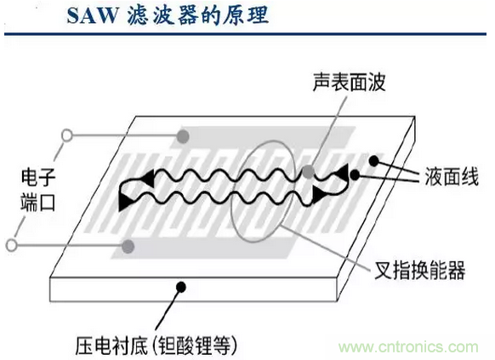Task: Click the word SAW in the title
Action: pos(92,15)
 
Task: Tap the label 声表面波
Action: pos(350,82)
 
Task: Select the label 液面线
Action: pos(452,176)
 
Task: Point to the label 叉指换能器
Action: pos(419,270)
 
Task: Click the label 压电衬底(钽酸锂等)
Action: pos(156,345)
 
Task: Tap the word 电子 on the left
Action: pos(38,177)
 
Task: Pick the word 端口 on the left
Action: pos(38,202)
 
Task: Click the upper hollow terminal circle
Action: pos(67,136)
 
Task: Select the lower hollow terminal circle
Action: pos(12,245)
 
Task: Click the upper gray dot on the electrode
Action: pos(183,136)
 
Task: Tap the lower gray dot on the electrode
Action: pos(128,246)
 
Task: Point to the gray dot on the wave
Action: pos(309,172)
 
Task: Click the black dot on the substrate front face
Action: pos(181,287)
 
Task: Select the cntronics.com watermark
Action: pos(408,347)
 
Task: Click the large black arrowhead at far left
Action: pos(125,202)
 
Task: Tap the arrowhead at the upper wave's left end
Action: pos(148,178)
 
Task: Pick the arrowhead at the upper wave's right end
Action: pos(342,172)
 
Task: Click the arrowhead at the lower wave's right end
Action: pos(318,195)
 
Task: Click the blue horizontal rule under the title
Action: pos(245,33)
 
